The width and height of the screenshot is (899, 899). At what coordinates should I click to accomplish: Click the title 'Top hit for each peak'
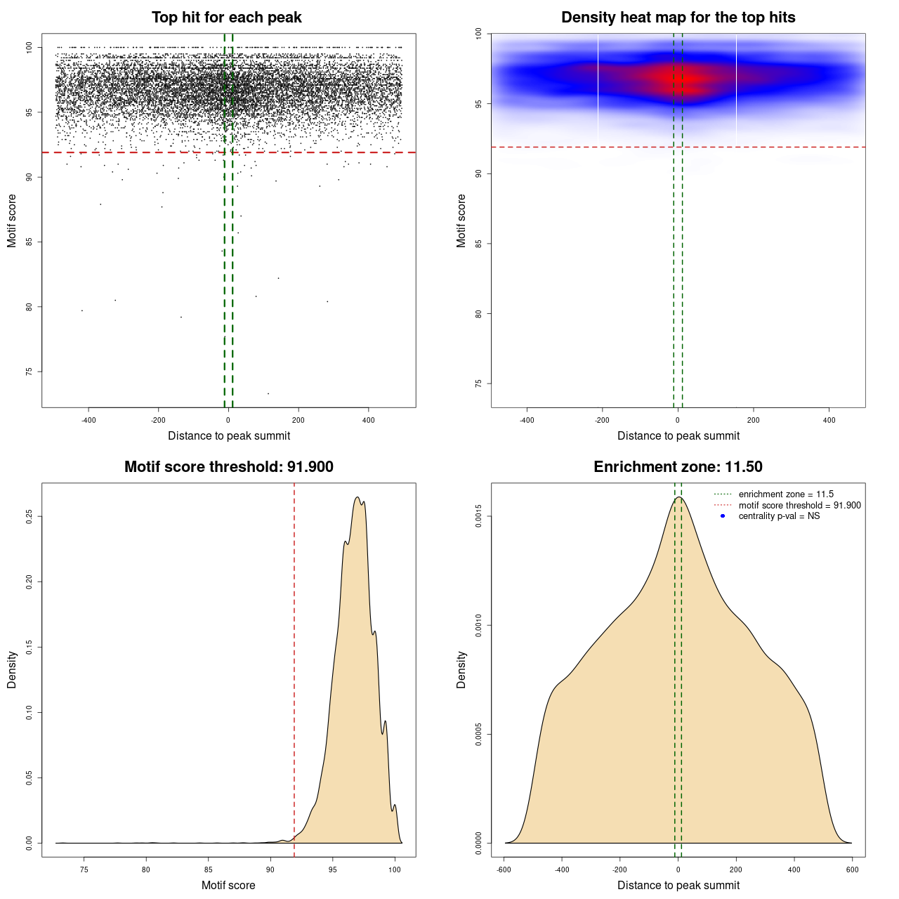pyautogui.click(x=226, y=18)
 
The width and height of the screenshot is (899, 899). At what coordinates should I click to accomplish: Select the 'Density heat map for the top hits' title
pyautogui.click(x=678, y=18)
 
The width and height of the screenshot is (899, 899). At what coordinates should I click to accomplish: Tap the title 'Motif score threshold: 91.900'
pyautogui.click(x=228, y=467)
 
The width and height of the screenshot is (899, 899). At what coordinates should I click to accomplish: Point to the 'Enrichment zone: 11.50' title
pyautogui.click(x=678, y=467)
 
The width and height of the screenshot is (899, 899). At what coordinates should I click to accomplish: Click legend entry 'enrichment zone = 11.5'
pyautogui.click(x=786, y=494)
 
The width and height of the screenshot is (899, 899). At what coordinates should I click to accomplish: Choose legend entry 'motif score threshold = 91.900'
pyautogui.click(x=799, y=506)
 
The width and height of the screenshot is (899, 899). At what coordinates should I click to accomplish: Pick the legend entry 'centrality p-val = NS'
pyautogui.click(x=779, y=516)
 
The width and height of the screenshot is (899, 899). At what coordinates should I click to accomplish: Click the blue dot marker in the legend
pyautogui.click(x=723, y=516)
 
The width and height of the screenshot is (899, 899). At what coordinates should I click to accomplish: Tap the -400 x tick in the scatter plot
pyautogui.click(x=88, y=421)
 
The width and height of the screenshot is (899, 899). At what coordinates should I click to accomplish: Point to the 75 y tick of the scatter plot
pyautogui.click(x=29, y=372)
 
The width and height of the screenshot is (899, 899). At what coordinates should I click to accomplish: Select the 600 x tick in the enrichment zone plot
pyautogui.click(x=852, y=870)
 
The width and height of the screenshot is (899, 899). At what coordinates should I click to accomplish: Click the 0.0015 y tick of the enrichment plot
pyautogui.click(x=479, y=516)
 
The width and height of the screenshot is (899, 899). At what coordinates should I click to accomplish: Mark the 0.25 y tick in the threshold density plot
pyautogui.click(x=29, y=516)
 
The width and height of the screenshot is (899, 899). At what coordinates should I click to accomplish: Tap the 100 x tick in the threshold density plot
pyautogui.click(x=395, y=870)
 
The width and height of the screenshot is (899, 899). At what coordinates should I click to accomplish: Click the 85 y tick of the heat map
pyautogui.click(x=479, y=244)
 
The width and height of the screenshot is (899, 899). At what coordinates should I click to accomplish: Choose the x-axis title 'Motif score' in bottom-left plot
pyautogui.click(x=228, y=885)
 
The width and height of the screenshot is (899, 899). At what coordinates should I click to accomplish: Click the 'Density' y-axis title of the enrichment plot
pyautogui.click(x=461, y=669)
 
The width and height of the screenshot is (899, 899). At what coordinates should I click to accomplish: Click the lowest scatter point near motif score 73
pyautogui.click(x=268, y=393)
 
